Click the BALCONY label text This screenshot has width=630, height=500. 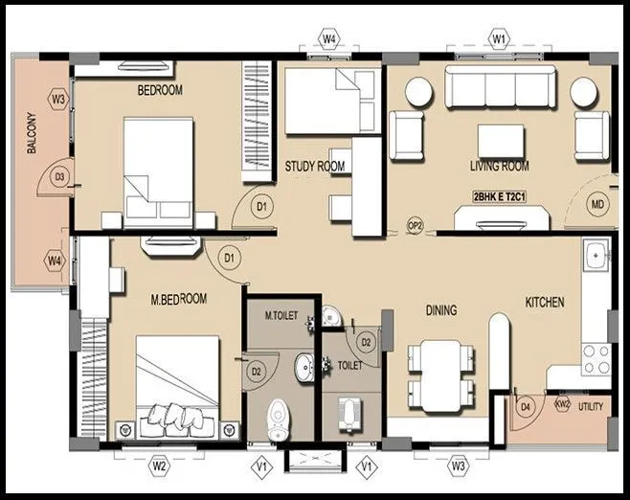(x=32, y=137)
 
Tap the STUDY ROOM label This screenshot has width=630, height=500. (x=314, y=167)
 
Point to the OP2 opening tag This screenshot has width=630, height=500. (x=416, y=225)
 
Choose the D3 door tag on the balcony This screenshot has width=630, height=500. (x=58, y=176)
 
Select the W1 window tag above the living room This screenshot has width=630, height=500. (x=498, y=38)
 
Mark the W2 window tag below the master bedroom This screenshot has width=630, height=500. (x=160, y=466)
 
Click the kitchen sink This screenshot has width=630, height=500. (x=596, y=257)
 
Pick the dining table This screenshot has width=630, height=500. (x=440, y=374)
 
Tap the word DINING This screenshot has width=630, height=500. (x=440, y=310)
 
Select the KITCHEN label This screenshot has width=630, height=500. (x=544, y=302)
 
